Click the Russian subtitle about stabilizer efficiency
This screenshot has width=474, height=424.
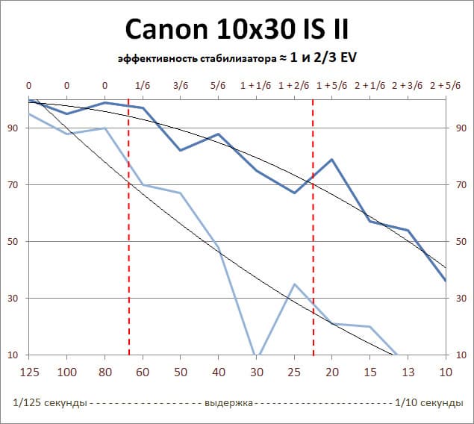point(237,58)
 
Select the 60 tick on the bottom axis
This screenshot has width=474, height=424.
point(142,372)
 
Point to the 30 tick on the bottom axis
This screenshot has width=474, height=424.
point(256,372)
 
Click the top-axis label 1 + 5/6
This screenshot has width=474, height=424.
point(331,86)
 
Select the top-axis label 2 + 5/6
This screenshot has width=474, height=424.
point(446,86)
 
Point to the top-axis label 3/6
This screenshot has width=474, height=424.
point(180,86)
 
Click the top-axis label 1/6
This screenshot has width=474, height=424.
point(142,86)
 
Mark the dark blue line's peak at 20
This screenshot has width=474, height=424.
point(331,160)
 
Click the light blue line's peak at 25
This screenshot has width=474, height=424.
point(294,284)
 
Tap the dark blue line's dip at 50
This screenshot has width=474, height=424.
point(180,150)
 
